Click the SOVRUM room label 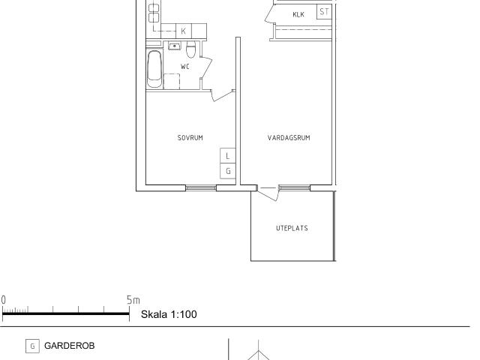pyautogui.click(x=190, y=138)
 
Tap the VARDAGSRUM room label pyautogui.click(x=289, y=138)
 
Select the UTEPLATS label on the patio pyautogui.click(x=292, y=228)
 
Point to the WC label pyautogui.click(x=185, y=67)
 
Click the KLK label pyautogui.click(x=298, y=14)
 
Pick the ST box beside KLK pyautogui.click(x=324, y=12)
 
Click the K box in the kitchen pyautogui.click(x=184, y=31)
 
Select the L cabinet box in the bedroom pyautogui.click(x=228, y=156)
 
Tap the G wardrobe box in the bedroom pyautogui.click(x=228, y=171)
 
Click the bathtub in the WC pyautogui.click(x=154, y=69)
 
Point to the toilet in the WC pyautogui.click(x=191, y=50)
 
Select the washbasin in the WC pyautogui.click(x=175, y=46)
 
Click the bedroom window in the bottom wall pyautogui.click(x=201, y=188)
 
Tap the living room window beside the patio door pyautogui.click(x=295, y=188)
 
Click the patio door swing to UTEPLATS pyautogui.click(x=268, y=193)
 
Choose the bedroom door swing pyautogui.click(x=223, y=95)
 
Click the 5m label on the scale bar pyautogui.click(x=133, y=300)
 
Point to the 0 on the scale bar pyautogui.click(x=3, y=300)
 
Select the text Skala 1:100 pyautogui.click(x=169, y=314)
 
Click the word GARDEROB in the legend pyautogui.click(x=70, y=346)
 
